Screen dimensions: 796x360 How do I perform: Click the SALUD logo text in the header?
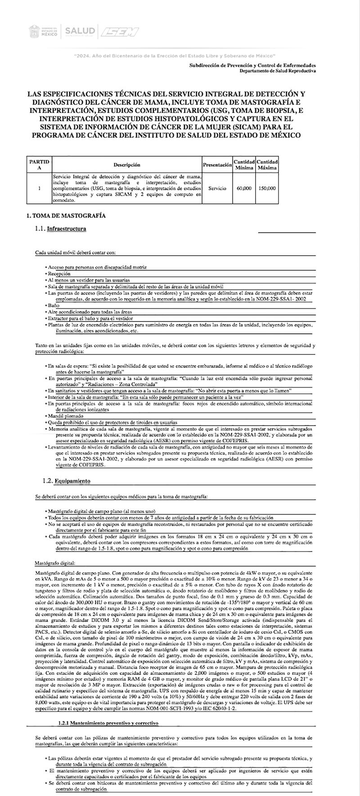coord(80,31)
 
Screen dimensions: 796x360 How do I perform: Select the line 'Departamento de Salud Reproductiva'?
coord(277,71)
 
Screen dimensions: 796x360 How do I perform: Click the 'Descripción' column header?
coord(126,165)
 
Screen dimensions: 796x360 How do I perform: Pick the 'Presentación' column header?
coord(217,165)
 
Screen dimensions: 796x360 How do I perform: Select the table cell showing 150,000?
coord(267,188)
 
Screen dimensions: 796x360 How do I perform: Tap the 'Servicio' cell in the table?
coord(217,188)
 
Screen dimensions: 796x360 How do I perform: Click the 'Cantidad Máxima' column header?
coord(267,165)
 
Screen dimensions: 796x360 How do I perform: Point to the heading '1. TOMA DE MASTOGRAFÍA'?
coord(67,216)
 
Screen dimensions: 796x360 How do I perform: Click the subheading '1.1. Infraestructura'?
coord(60,229)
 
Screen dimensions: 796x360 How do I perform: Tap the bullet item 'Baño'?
coord(54,305)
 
